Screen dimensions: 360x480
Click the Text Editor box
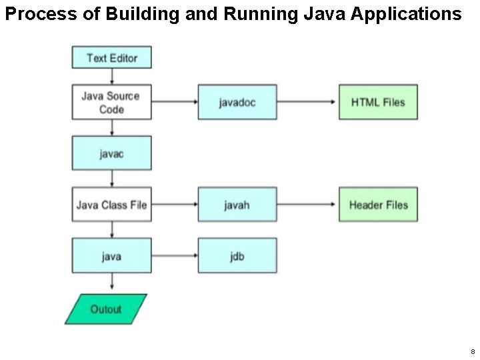click(111, 57)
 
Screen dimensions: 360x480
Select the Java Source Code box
click(111, 102)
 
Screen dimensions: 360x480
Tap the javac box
click(111, 153)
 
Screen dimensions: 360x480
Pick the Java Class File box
click(111, 204)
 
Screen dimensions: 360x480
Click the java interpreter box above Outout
click(111, 255)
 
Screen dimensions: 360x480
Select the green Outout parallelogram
click(106, 309)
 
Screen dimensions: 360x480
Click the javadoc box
click(237, 102)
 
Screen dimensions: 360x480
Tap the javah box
click(237, 204)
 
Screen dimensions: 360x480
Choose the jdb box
click(237, 255)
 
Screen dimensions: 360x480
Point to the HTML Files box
click(378, 102)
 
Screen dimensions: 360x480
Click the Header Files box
click(378, 204)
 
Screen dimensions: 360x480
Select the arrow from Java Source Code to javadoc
click(175, 102)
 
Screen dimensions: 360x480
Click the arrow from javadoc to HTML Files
click(307, 102)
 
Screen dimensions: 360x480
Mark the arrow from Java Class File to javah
click(175, 204)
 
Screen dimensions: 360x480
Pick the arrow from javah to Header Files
click(307, 204)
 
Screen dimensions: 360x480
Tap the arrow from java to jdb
click(175, 255)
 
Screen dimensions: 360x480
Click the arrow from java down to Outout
click(111, 283)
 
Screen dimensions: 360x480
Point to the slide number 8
click(472, 351)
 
